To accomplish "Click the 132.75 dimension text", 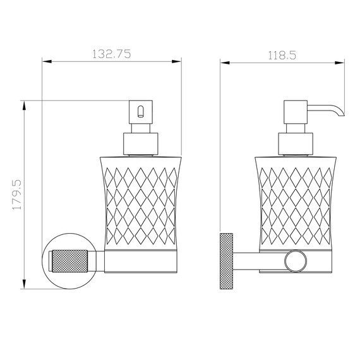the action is coord(112,54).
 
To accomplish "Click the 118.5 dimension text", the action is coord(282,56).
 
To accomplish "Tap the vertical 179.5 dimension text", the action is coord(17,195).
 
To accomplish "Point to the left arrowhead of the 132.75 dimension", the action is coord(47,61).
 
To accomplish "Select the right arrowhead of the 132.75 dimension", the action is coord(177,61).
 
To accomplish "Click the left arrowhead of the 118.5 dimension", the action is coord(225,63).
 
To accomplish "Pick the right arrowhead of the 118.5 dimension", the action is coord(340,63).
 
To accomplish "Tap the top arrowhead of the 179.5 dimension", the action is coord(25,105).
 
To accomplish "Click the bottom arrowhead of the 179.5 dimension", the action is coord(25,284).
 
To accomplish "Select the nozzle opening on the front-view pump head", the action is coord(140,111).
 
